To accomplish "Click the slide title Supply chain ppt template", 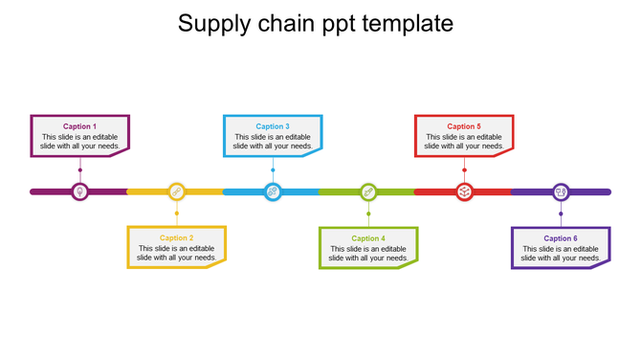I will [316, 23].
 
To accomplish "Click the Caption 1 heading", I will [79, 126].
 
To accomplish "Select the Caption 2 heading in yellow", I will [176, 237].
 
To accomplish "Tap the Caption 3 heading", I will [272, 126].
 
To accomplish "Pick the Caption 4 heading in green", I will [367, 238].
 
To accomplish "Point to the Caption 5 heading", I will [464, 126].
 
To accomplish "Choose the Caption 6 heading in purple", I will [561, 238].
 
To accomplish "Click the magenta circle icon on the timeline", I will [80, 191].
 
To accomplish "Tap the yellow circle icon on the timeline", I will [176, 191].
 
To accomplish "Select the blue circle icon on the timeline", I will [273, 191].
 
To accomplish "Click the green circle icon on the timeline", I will [368, 191].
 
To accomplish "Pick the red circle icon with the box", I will [464, 191].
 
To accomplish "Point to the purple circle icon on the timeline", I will [561, 191].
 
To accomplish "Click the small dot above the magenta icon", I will [80, 170].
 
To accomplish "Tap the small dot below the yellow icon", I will [176, 213].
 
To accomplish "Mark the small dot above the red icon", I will [464, 170].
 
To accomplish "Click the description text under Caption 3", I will [273, 142].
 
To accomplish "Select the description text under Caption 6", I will [561, 254].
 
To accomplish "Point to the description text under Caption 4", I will [368, 254].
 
